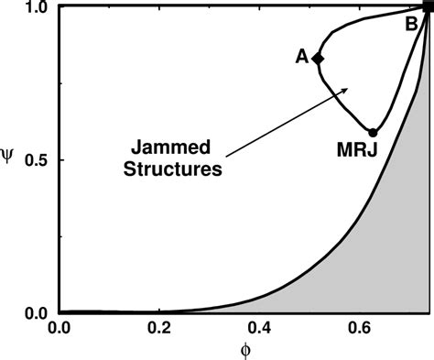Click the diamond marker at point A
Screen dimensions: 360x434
click(318, 58)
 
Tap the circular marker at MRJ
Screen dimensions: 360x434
click(372, 133)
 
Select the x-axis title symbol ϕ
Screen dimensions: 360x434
click(244, 351)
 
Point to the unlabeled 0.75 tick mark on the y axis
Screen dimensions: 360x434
click(60, 82)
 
